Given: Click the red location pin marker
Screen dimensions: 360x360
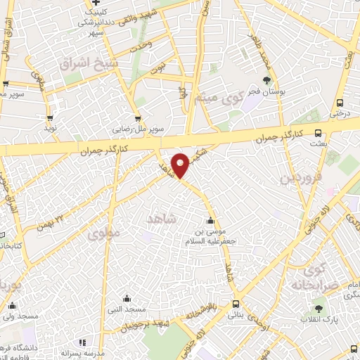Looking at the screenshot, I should (x=180, y=165).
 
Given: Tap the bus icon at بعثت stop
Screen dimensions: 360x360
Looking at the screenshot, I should (x=319, y=132).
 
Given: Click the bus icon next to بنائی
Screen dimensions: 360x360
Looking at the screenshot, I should (x=236, y=304).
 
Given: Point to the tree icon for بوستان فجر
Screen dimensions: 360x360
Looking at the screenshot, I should (x=266, y=80).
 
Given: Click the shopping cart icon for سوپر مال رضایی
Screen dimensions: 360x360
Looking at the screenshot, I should (x=137, y=119).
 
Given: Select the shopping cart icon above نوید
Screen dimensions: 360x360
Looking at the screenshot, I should (x=49, y=118).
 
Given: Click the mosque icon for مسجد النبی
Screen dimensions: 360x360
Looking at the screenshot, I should (x=127, y=298).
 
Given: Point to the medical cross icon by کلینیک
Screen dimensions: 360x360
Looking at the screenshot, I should (x=96, y=4).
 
